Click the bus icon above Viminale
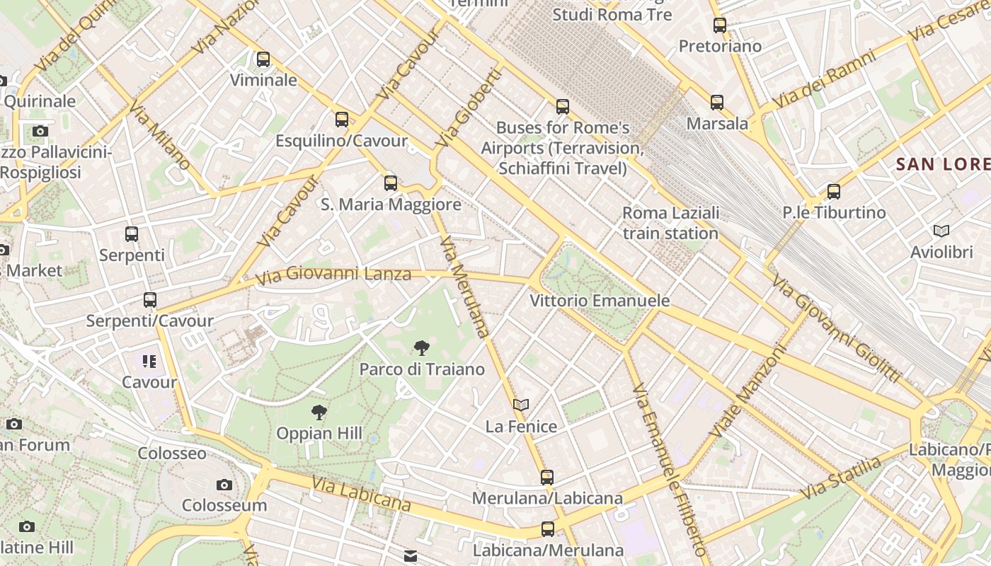(263, 59)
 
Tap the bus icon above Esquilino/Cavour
(342, 120)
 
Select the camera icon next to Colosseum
(224, 485)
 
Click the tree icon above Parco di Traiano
(422, 347)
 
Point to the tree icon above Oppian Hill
(319, 412)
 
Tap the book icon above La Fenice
(521, 405)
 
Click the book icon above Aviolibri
(941, 231)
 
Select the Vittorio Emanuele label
(600, 301)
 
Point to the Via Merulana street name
(464, 287)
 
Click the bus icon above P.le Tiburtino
(834, 191)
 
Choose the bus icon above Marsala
(717, 103)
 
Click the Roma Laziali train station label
(670, 223)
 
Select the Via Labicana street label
(361, 494)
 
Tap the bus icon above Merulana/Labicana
(547, 477)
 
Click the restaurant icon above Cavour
(149, 362)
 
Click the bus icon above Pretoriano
(720, 25)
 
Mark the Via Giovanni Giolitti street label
(835, 330)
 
